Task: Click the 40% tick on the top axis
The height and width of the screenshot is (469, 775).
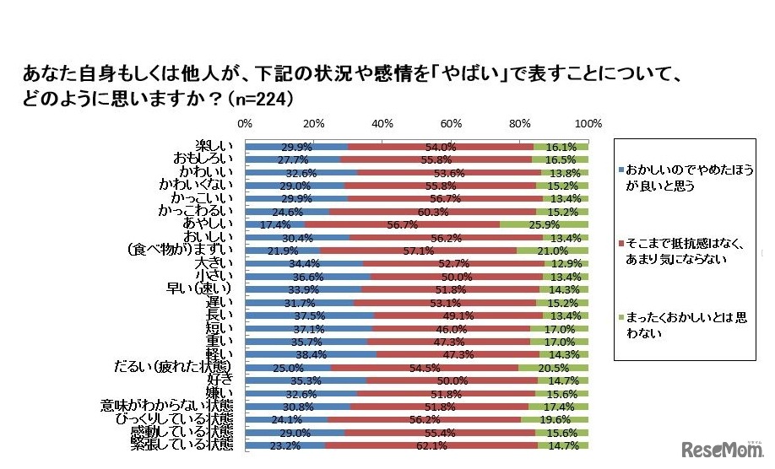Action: (x=382, y=123)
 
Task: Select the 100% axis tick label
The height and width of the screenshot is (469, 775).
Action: (x=588, y=123)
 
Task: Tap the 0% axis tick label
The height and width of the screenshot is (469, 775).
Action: (x=245, y=123)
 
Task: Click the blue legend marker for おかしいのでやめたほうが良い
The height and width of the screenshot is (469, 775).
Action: (x=621, y=170)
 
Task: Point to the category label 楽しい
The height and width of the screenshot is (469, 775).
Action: (x=214, y=146)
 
